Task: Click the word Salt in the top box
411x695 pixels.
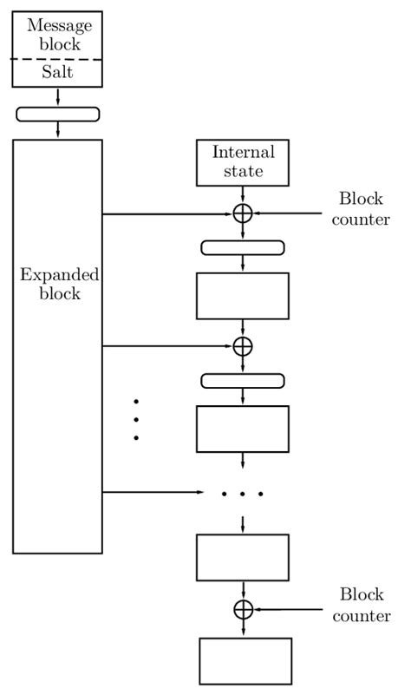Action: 57,73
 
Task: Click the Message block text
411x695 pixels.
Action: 57,36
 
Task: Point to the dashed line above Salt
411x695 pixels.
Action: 57,59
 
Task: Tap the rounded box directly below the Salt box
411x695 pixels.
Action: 57,114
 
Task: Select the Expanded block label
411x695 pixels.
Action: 58,284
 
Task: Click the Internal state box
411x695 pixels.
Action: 243,162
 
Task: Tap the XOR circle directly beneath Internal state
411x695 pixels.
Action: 243,213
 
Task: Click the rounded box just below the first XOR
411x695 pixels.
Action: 243,248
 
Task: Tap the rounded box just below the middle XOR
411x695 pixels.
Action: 243,381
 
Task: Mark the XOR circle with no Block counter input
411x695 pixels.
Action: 243,345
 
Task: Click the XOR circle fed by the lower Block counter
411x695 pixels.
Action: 243,609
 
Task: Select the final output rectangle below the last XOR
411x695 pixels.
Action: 246,661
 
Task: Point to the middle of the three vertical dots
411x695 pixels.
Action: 136,420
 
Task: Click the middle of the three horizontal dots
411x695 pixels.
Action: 242,494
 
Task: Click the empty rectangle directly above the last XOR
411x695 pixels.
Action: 243,557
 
